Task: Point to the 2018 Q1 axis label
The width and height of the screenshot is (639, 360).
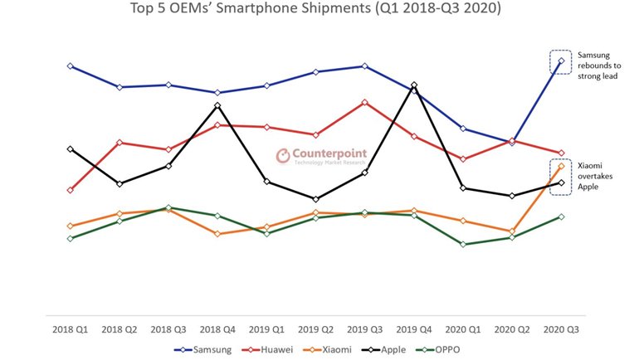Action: [x=71, y=329]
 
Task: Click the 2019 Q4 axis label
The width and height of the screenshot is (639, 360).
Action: [x=414, y=329]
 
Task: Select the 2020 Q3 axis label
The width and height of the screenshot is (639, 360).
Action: [x=562, y=329]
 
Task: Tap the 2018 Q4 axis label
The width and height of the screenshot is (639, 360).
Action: [x=217, y=329]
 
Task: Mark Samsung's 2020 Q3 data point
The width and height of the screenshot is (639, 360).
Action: [x=562, y=61]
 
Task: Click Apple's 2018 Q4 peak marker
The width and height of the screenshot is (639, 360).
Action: [x=217, y=105]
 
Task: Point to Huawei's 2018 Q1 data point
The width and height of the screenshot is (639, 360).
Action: [x=71, y=190]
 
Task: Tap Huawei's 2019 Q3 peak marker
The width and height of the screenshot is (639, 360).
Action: [x=364, y=102]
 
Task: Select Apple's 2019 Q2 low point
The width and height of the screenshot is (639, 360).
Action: [x=315, y=199]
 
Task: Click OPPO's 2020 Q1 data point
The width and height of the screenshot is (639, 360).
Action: [x=463, y=245]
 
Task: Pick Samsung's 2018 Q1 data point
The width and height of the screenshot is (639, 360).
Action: [x=71, y=66]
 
